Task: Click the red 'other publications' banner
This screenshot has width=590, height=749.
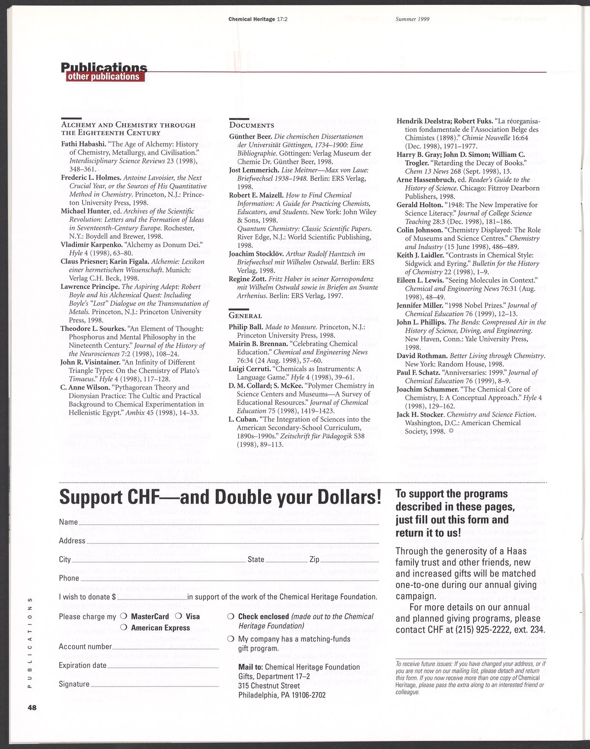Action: pyautogui.click(x=103, y=77)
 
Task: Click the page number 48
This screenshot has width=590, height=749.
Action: pyautogui.click(x=32, y=708)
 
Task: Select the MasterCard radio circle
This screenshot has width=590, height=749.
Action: pyautogui.click(x=123, y=617)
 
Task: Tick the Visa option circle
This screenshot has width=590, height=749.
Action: pyautogui.click(x=179, y=617)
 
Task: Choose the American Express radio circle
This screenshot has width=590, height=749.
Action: pyautogui.click(x=123, y=628)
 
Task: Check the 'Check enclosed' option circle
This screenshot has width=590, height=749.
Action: pyautogui.click(x=231, y=617)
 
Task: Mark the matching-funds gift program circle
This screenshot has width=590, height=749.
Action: pyautogui.click(x=231, y=639)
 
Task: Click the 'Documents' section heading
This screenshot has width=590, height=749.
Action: pyautogui.click(x=252, y=125)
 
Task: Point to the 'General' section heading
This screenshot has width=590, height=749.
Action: pyautogui.click(x=245, y=316)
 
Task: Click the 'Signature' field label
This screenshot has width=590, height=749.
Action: pyautogui.click(x=74, y=684)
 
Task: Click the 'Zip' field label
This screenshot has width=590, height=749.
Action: pyautogui.click(x=315, y=560)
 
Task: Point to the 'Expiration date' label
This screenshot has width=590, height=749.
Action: pyautogui.click(x=83, y=665)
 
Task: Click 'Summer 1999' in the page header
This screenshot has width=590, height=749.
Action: pyautogui.click(x=413, y=19)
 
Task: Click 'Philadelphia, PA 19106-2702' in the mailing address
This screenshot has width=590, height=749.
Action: pyautogui.click(x=282, y=695)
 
